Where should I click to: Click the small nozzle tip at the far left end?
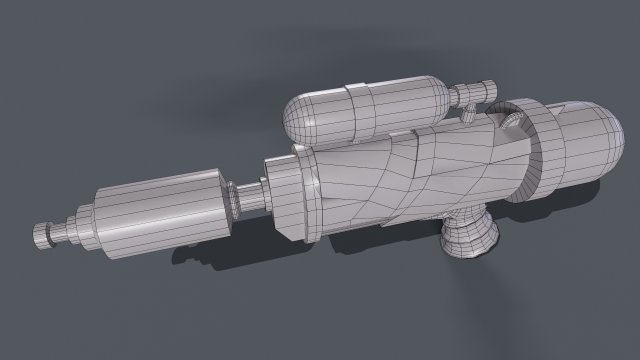43,236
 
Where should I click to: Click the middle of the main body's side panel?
400,180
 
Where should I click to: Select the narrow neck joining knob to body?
462,211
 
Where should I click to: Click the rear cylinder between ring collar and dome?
560,145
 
